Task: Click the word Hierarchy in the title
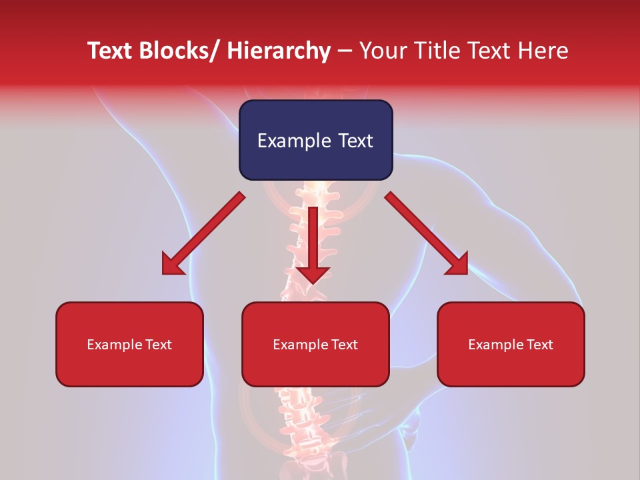click(278, 51)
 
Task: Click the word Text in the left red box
click(157, 345)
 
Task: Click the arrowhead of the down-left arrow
click(172, 265)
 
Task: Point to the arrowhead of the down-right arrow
click(457, 264)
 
